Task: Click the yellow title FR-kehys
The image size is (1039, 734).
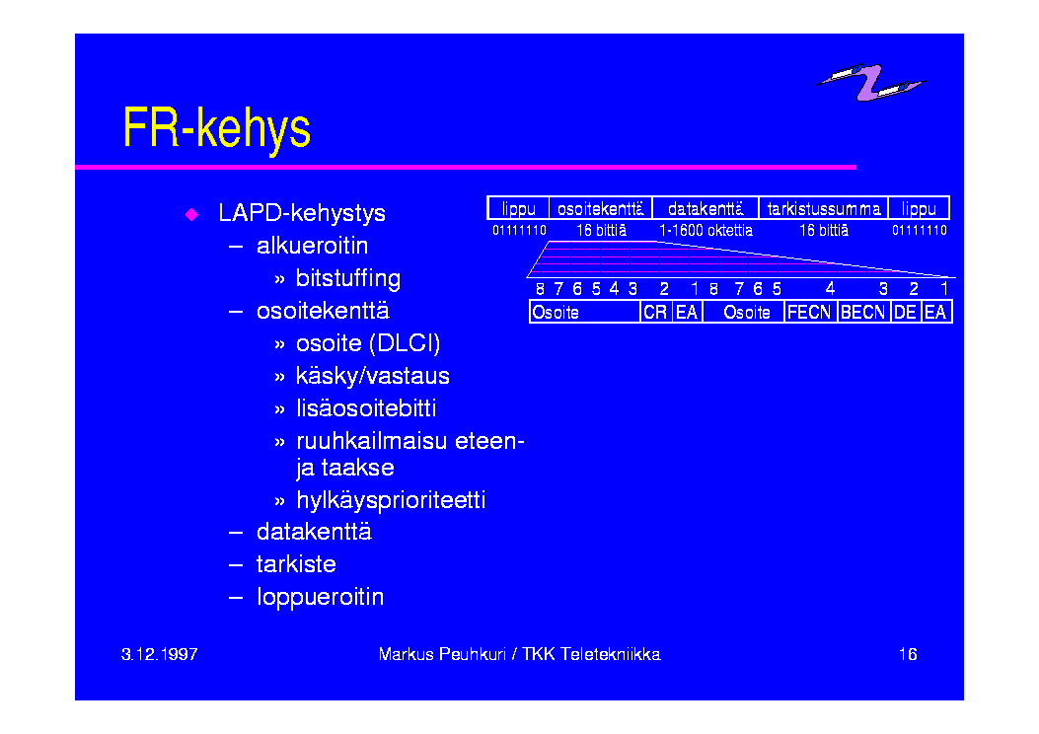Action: tap(217, 128)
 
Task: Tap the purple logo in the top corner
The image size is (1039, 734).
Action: tap(870, 82)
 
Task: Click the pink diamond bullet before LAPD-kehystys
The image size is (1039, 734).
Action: tap(191, 214)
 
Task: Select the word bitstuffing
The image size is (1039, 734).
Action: tap(348, 279)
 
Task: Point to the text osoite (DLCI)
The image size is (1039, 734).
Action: tap(368, 343)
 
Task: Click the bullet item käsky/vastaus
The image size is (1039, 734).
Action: tap(372, 376)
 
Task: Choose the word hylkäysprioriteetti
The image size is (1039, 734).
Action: tap(391, 500)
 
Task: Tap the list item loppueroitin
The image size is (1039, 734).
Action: tap(320, 597)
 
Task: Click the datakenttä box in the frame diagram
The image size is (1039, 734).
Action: tap(705, 208)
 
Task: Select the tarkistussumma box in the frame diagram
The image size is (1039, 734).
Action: tap(823, 208)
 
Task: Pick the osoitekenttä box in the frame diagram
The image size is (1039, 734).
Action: tap(600, 208)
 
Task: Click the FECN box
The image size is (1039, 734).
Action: tap(810, 312)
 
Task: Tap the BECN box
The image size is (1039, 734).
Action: tap(863, 312)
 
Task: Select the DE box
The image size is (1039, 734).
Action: tap(905, 312)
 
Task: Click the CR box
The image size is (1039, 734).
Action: tap(655, 312)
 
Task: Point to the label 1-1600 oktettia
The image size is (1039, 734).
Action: tap(705, 231)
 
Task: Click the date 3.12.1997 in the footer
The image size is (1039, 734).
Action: tap(160, 654)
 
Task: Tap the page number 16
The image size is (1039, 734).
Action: tap(908, 654)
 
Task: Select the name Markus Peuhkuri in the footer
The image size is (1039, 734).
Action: tap(442, 654)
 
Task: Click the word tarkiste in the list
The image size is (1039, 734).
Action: tap(296, 564)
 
